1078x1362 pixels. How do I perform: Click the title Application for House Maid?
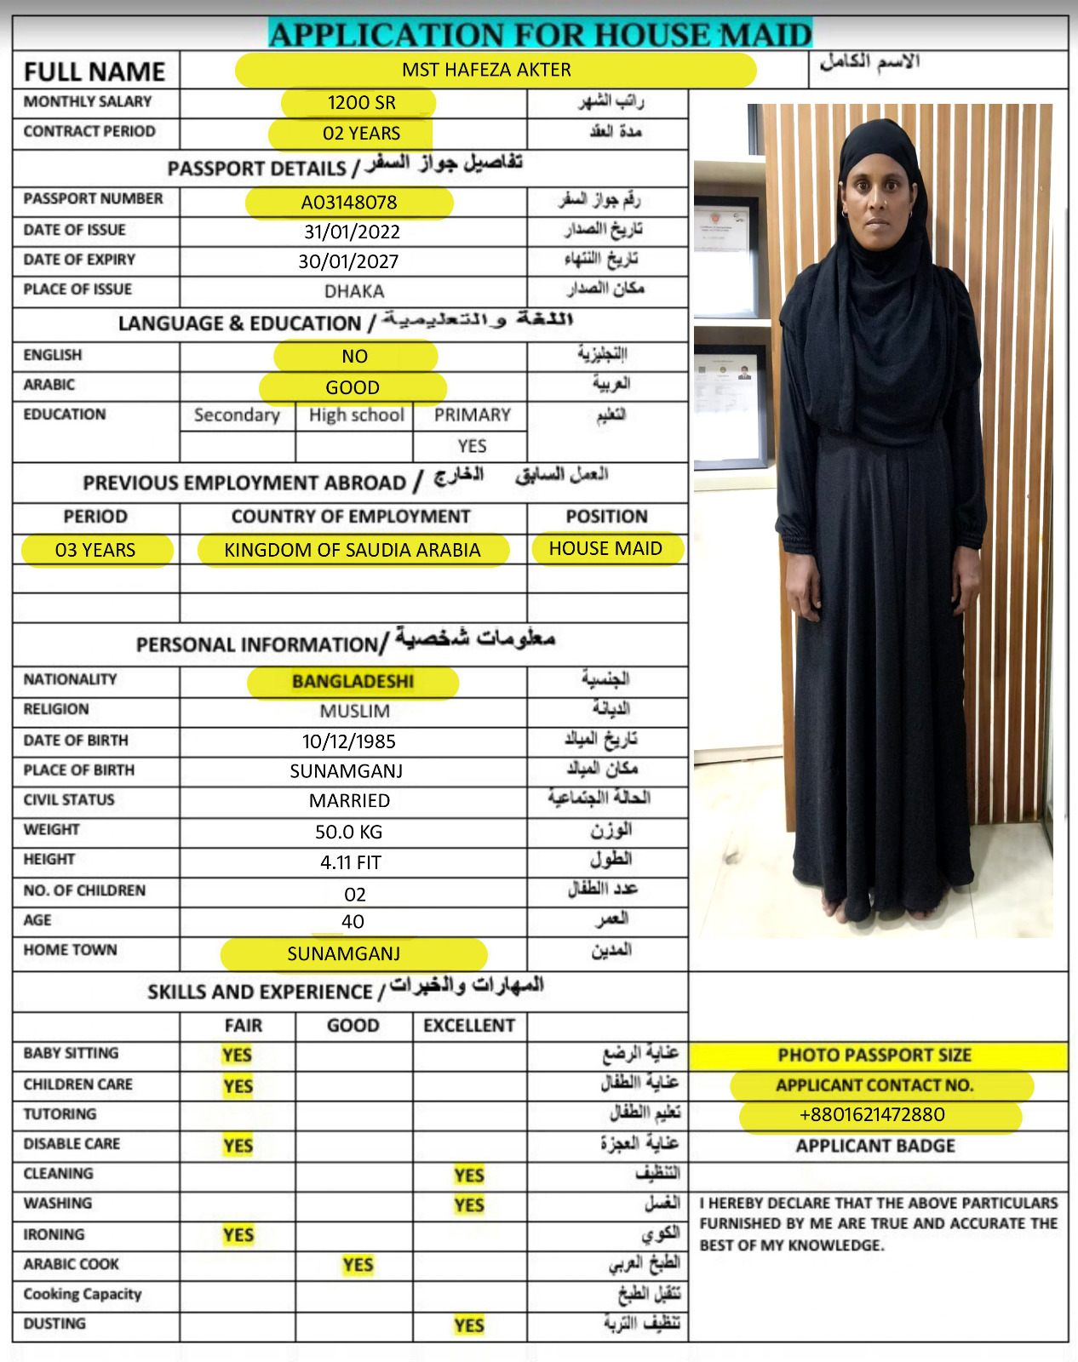point(540,35)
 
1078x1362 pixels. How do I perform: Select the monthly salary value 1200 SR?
point(361,103)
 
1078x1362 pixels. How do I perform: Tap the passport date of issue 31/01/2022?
point(352,232)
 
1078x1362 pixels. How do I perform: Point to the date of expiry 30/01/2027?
point(348,261)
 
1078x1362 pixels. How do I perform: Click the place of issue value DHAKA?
point(354,291)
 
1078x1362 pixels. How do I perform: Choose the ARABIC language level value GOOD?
point(353,387)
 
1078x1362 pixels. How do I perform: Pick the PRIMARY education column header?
point(472,415)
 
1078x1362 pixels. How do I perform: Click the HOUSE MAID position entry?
point(605,549)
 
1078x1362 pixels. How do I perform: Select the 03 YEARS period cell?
point(95,550)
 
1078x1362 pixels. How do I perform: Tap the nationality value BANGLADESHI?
point(353,681)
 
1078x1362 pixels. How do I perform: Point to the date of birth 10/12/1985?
point(349,741)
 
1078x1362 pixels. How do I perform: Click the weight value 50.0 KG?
point(349,832)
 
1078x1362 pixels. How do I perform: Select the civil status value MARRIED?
point(349,801)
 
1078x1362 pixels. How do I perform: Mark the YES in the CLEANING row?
point(469,1176)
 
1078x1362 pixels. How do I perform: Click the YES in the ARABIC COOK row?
point(358,1265)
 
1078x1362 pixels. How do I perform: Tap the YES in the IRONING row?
point(238,1235)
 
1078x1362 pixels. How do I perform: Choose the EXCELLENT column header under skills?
point(469,1026)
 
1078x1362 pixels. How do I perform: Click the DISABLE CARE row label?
point(72,1144)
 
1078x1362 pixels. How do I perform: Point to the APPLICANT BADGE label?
point(875,1146)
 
